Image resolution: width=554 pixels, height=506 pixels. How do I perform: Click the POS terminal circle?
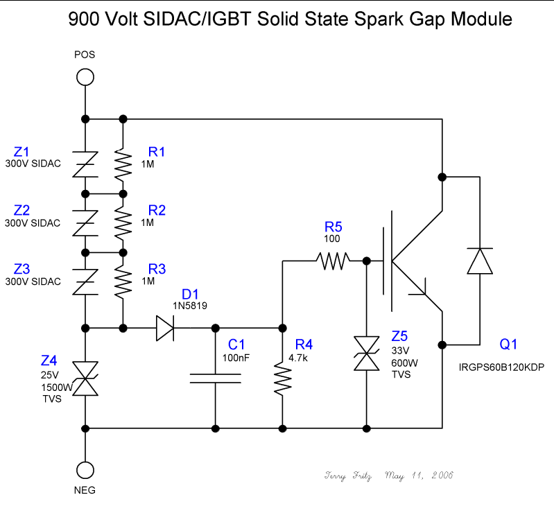point(85,76)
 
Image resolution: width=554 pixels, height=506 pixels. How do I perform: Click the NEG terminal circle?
point(85,469)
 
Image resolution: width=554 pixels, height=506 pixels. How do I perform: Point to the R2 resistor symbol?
point(123,222)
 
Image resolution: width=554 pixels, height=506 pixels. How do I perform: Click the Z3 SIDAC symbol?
point(85,281)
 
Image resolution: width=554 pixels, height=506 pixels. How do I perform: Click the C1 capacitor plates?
point(216,378)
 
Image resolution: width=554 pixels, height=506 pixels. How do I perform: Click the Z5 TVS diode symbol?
point(365,353)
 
